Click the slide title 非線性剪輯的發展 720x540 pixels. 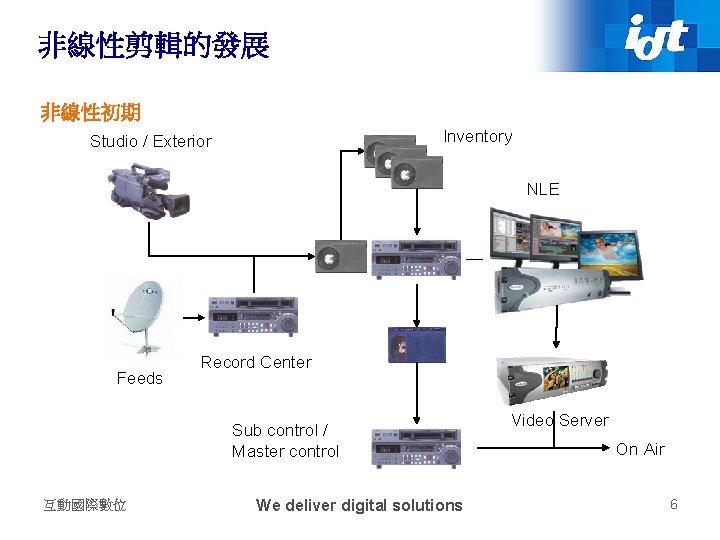154,45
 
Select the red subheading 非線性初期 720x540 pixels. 90,112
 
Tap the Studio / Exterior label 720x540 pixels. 151,141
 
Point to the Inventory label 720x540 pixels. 478,136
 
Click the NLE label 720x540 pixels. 543,189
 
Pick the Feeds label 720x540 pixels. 139,378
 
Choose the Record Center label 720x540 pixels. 256,362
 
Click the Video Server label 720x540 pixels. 560,420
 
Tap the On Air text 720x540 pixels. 640,449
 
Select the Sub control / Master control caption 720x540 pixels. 285,441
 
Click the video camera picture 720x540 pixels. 148,190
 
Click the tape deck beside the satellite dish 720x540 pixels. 251,316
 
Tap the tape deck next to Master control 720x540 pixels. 416,448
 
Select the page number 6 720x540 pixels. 673,504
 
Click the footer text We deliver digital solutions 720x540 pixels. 359,505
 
